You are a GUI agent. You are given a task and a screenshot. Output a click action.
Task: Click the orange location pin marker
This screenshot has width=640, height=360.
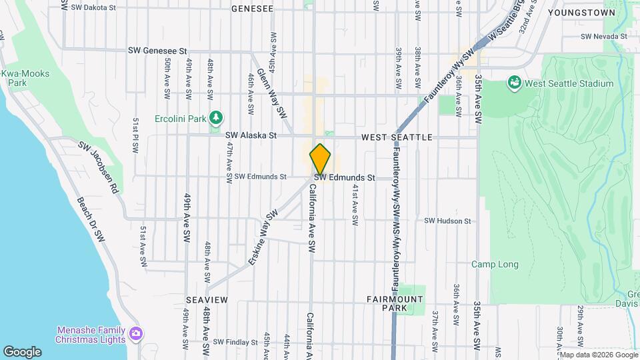point(320,159)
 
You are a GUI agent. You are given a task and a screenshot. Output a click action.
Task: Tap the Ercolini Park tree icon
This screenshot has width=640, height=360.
point(215,118)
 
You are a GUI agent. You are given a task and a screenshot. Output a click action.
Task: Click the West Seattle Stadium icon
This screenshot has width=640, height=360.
point(514,83)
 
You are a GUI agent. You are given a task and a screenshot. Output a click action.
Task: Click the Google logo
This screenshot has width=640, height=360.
point(21,352)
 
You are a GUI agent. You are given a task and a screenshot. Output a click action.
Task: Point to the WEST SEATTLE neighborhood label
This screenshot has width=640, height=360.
point(397,137)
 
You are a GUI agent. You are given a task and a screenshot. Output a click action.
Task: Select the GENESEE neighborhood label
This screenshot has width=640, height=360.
point(252,9)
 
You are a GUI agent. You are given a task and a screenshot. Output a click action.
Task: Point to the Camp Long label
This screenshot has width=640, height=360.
point(495,265)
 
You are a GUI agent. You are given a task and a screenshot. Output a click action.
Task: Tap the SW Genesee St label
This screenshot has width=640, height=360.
point(157,51)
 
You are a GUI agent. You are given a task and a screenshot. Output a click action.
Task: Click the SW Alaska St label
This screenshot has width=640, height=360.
point(250,135)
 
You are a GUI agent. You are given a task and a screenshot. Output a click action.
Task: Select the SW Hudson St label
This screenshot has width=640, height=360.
point(447,221)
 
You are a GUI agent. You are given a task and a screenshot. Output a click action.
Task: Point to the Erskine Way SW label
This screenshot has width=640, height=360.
point(263,237)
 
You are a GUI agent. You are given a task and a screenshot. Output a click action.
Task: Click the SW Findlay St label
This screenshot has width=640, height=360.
point(232,342)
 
